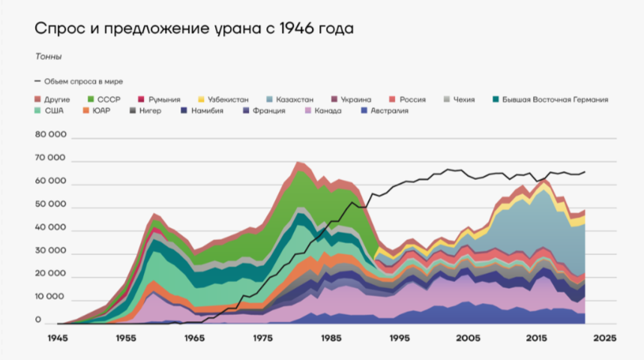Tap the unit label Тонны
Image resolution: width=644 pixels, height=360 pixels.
[48, 57]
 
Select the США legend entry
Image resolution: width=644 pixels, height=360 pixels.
[54, 111]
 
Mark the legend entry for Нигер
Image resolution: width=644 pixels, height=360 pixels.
[150, 111]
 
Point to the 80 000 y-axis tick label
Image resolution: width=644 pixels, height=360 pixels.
[51, 135]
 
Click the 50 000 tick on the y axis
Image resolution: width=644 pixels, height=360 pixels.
[51, 205]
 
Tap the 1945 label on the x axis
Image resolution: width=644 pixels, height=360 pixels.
[57, 339]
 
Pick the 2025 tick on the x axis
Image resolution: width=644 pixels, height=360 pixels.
[604, 339]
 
